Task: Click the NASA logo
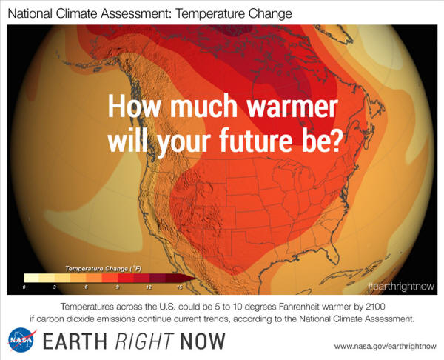pos(21,340)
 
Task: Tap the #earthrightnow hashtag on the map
pos(401,287)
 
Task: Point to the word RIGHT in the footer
pos(144,341)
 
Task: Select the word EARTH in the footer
pos(75,341)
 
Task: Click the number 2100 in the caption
pos(375,307)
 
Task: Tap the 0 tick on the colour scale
pos(24,287)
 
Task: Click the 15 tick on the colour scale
pos(179,287)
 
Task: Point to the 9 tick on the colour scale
pos(117,287)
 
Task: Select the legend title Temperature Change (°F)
pos(103,268)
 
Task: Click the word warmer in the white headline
pos(292,106)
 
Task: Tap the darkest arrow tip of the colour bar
pos(188,278)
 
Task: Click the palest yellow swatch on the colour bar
pos(31,278)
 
